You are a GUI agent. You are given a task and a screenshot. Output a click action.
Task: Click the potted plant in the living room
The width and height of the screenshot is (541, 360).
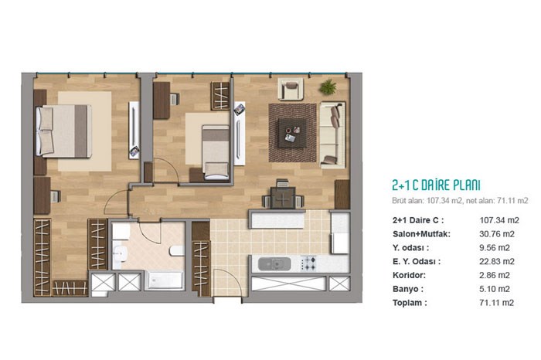tap(328, 87)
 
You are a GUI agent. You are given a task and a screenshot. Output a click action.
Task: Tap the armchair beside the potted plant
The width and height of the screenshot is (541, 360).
tap(291, 89)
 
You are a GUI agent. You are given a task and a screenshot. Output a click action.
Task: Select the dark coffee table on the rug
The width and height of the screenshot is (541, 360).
tap(292, 133)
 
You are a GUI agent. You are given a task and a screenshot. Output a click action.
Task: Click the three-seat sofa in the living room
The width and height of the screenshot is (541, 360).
tap(332, 134)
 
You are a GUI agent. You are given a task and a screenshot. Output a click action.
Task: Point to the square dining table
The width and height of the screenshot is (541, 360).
tap(283, 198)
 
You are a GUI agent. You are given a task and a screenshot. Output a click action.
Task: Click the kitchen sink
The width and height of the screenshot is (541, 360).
tap(274, 264)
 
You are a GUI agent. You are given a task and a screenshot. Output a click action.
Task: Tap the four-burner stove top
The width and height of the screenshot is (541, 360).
tap(308, 263)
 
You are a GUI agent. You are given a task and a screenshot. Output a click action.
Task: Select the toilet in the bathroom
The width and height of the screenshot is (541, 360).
tap(177, 250)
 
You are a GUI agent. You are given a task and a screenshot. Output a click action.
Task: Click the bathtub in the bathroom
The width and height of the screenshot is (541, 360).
tap(165, 280)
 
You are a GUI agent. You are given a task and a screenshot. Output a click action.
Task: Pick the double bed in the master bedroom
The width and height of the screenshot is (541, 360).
tap(64, 131)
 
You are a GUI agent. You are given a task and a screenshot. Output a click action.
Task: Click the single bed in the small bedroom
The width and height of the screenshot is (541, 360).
tap(216, 152)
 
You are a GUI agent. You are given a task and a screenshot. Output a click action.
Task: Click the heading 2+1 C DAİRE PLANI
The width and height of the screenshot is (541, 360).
tap(436, 185)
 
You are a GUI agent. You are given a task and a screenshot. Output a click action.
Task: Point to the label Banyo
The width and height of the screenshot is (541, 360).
tap(408, 289)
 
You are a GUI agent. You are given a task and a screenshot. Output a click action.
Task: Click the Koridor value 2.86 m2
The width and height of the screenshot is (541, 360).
tap(495, 275)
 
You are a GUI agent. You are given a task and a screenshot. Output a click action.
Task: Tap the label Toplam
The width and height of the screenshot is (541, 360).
tap(410, 303)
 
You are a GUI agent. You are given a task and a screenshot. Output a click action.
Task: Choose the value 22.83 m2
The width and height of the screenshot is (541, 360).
tap(496, 261)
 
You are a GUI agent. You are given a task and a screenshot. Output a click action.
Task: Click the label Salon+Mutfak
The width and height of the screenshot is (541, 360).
tap(421, 234)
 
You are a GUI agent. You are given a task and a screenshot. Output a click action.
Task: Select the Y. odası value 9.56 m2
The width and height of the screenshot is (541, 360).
tap(495, 247)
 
